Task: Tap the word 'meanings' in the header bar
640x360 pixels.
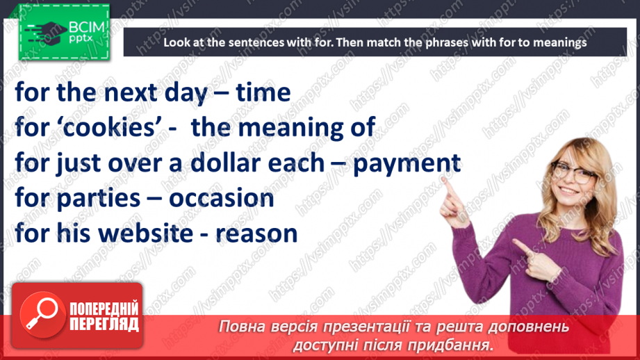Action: pos(559,42)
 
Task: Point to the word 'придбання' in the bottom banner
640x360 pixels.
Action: pos(453,344)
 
